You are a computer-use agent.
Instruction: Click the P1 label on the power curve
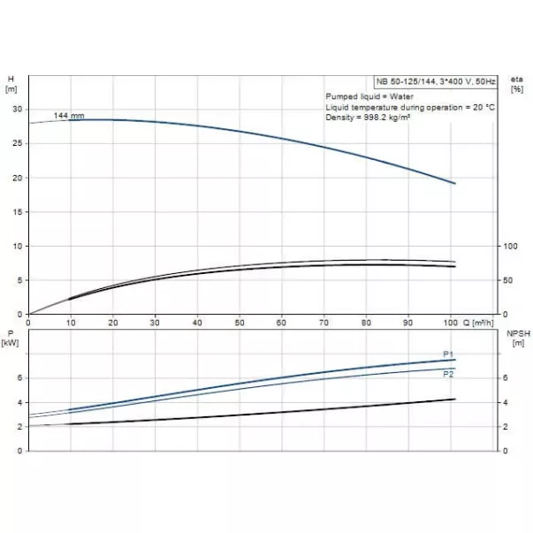click(447, 354)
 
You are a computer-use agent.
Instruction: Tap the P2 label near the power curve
click(447, 375)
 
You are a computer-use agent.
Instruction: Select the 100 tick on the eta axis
click(508, 246)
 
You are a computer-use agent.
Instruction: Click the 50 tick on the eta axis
click(506, 280)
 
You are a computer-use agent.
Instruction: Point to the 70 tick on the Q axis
click(324, 323)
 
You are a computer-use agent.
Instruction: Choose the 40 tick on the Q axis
click(197, 323)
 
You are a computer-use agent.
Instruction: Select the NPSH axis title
click(517, 333)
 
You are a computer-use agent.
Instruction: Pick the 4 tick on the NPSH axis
click(506, 403)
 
